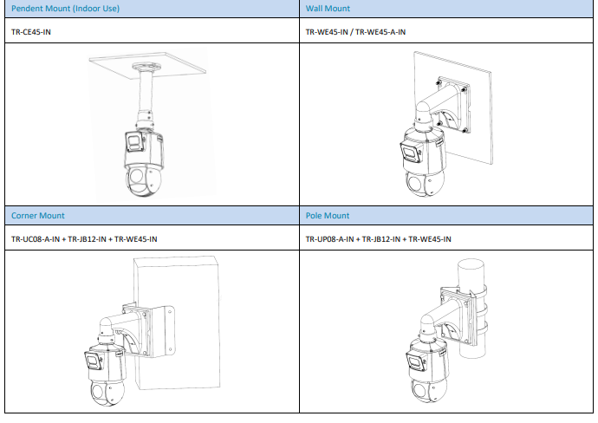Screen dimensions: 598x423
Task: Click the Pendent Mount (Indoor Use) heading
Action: tap(65, 9)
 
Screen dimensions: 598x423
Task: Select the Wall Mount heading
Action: tap(328, 9)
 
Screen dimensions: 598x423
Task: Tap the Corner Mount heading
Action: tap(38, 216)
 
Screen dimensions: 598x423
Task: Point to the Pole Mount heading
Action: tap(328, 216)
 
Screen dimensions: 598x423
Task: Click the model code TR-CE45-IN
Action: tap(31, 32)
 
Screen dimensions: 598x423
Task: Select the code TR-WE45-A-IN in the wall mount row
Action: tap(380, 32)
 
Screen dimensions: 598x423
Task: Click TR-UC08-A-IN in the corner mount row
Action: tap(36, 239)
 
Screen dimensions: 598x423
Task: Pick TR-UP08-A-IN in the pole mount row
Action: tap(329, 239)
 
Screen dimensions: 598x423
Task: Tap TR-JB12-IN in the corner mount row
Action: tap(87, 239)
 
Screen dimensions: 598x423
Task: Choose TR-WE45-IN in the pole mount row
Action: tap(430, 239)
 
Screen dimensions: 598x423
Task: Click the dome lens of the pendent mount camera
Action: tap(137, 176)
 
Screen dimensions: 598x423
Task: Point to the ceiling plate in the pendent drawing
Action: tap(147, 65)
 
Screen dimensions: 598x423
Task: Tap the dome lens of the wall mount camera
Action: tap(413, 181)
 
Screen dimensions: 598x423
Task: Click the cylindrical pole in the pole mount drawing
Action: tap(472, 309)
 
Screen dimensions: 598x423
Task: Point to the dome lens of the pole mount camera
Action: tap(420, 390)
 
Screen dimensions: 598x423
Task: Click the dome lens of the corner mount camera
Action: tap(100, 391)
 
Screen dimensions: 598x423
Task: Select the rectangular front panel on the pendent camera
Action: tap(134, 141)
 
